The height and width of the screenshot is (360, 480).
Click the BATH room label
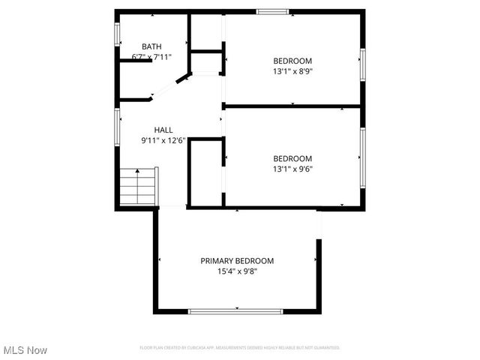click(x=151, y=46)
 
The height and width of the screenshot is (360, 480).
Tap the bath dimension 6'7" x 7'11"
click(x=151, y=57)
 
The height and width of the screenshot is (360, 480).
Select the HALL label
click(x=163, y=130)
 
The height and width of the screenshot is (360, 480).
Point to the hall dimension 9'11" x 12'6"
click(x=163, y=140)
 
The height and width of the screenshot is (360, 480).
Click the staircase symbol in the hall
click(x=138, y=187)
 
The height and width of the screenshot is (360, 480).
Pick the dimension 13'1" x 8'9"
click(x=292, y=71)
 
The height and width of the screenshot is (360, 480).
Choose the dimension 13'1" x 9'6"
click(x=292, y=169)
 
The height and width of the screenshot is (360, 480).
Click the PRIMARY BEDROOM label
click(x=237, y=261)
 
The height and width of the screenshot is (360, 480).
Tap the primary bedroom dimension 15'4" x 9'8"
click(x=237, y=271)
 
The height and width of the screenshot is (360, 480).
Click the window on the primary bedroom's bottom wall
click(x=235, y=310)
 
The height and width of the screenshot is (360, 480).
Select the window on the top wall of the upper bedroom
click(x=272, y=12)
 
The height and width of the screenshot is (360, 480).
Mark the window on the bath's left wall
click(x=117, y=34)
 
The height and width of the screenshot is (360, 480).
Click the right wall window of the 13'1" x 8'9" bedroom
click(x=361, y=64)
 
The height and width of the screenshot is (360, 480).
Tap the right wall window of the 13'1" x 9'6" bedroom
click(x=361, y=157)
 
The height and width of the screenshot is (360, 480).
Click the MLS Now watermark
click(x=25, y=350)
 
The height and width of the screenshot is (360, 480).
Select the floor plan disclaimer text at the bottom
click(x=240, y=348)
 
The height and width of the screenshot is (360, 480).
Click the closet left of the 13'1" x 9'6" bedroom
click(x=205, y=172)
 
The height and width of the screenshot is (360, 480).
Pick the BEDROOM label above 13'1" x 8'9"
click(x=292, y=61)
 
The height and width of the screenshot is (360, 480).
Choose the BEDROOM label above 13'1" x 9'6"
click(x=292, y=158)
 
